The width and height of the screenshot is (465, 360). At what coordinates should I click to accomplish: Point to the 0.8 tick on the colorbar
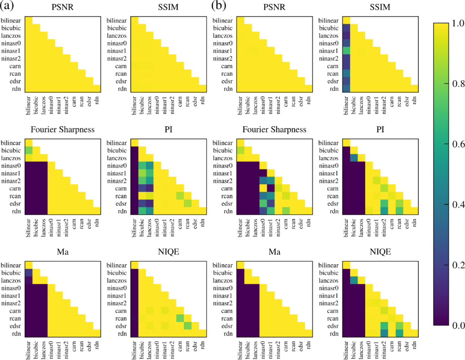(455, 84)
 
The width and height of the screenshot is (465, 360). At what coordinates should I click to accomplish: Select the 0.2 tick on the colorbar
(455, 265)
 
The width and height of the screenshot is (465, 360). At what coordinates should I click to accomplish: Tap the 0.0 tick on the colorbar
(455, 325)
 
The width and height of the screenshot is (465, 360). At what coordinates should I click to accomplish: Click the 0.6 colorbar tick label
(455, 144)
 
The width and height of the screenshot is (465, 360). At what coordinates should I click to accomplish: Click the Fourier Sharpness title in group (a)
(62, 130)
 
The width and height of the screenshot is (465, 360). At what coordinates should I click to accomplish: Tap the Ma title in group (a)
(62, 252)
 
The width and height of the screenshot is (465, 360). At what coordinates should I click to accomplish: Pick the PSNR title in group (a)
(62, 8)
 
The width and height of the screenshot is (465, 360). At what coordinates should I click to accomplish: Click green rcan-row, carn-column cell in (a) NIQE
(179, 317)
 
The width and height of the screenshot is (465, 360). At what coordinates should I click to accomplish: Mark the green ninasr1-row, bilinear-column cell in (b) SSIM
(346, 50)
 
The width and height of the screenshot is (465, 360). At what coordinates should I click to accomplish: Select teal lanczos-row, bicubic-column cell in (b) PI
(354, 158)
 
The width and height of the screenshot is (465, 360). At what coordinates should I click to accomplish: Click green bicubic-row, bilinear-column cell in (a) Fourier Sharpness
(28, 150)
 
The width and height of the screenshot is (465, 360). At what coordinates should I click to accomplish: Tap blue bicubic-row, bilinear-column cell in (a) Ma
(28, 272)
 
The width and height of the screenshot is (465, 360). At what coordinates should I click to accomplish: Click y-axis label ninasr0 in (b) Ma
(226, 288)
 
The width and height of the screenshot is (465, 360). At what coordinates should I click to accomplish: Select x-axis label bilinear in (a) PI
(134, 227)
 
